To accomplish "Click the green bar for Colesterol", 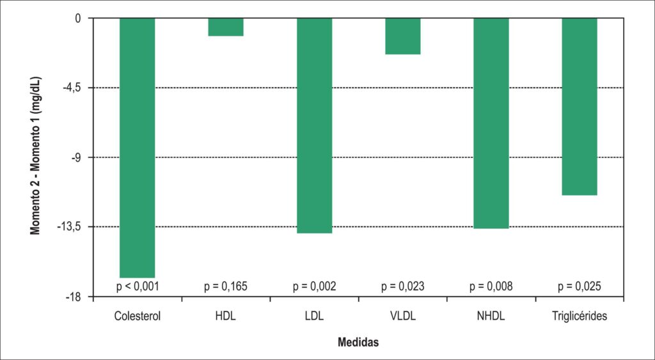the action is click(x=138, y=148).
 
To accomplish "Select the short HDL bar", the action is click(x=226, y=27).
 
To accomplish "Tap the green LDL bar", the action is click(x=314, y=126).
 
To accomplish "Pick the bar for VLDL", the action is click(x=403, y=36).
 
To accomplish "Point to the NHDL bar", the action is click(x=491, y=123).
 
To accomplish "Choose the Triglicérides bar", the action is click(x=580, y=107).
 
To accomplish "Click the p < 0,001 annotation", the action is click(x=138, y=286).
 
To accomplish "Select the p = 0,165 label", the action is click(x=226, y=286).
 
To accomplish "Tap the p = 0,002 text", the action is click(x=314, y=286).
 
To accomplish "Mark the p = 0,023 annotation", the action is click(x=403, y=286).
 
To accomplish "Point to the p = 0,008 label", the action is click(x=491, y=286).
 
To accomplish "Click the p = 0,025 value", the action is click(x=580, y=286).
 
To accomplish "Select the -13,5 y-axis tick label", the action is click(x=75, y=227).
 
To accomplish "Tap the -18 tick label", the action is click(x=79, y=297).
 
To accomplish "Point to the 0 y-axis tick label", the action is click(x=83, y=19).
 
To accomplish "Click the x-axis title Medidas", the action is click(x=358, y=343).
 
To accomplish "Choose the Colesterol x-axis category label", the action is click(x=138, y=316).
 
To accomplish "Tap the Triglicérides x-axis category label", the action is click(x=580, y=316).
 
